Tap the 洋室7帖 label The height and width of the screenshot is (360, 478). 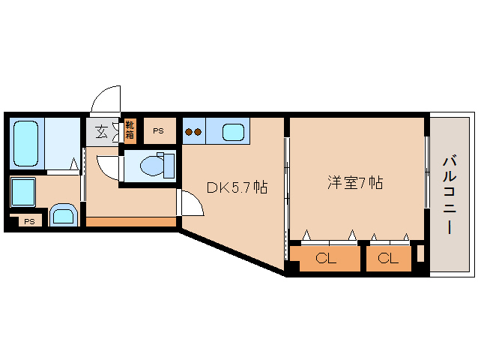[354, 182]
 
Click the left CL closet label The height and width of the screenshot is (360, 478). [326, 259]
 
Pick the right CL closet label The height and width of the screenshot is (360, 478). [388, 259]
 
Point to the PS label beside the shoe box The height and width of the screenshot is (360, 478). [158, 131]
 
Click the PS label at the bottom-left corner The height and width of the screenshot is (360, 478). [28, 221]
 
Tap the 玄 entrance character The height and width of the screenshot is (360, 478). [101, 132]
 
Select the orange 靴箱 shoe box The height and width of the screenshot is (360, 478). [130, 131]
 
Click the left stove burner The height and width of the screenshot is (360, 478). [189, 133]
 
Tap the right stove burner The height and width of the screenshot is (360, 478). [199, 133]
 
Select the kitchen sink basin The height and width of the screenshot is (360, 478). [233, 133]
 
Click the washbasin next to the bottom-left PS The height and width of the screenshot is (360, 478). [63, 215]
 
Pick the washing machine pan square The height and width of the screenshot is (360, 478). [25, 192]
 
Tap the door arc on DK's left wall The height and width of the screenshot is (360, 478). [185, 202]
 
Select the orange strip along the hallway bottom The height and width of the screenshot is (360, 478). [131, 221]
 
